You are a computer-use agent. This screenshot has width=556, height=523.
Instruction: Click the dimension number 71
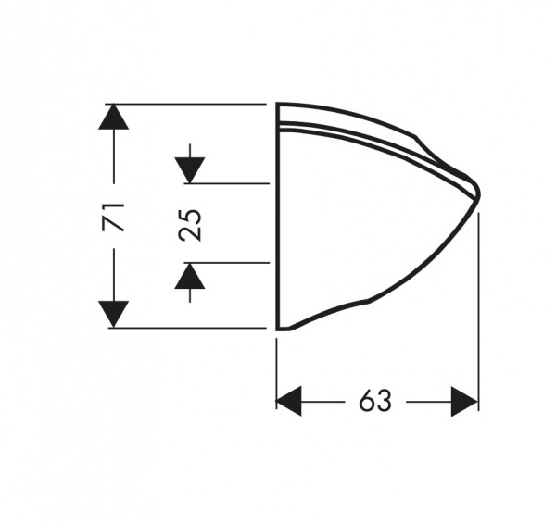click(113, 217)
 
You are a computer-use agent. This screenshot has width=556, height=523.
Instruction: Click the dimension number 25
click(190, 226)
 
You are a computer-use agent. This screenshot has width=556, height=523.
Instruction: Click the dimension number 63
click(375, 401)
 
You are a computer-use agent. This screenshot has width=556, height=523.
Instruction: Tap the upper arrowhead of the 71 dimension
click(113, 116)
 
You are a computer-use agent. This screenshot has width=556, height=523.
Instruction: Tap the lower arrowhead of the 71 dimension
click(113, 314)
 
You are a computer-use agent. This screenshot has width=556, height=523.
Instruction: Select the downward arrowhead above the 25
click(190, 170)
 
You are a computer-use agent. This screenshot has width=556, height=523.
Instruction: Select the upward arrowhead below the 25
click(190, 276)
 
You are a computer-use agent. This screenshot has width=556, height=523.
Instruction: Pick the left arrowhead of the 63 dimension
click(289, 401)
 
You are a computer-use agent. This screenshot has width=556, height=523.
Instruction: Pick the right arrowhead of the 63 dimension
click(465, 401)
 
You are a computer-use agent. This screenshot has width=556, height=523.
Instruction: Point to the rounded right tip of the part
click(479, 193)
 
